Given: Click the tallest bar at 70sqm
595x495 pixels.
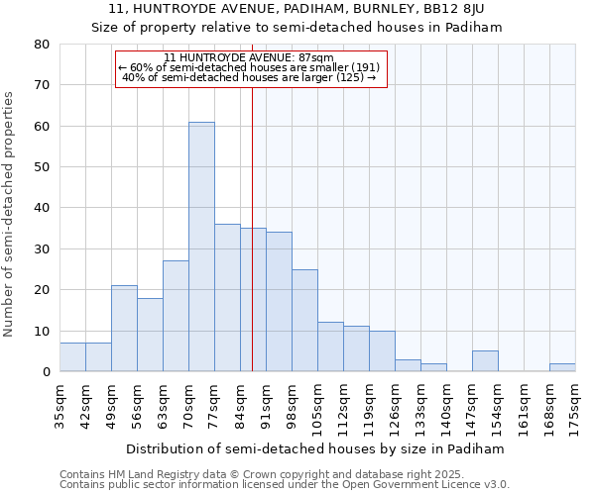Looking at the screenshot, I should [201, 247].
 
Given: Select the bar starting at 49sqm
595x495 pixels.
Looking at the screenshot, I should [124, 328].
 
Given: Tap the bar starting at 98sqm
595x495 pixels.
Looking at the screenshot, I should [304, 320].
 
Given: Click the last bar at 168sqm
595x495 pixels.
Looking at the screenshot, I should [562, 367].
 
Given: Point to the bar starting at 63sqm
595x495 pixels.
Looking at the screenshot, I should [176, 316].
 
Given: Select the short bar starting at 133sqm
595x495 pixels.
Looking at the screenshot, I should [433, 367].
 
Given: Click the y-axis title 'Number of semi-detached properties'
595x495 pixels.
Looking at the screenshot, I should [9, 214].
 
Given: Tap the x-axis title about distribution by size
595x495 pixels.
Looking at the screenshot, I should [316, 448].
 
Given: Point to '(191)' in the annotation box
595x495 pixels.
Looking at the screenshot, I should [361, 67].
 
